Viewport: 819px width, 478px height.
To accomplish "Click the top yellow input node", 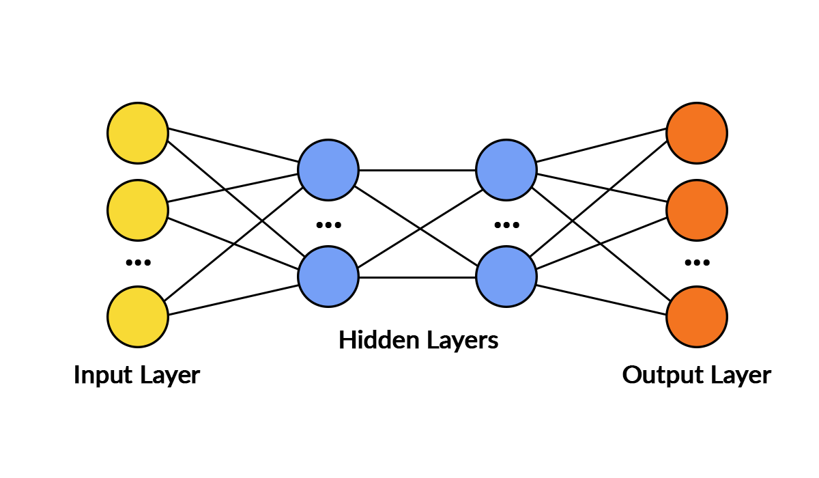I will tap(138, 133).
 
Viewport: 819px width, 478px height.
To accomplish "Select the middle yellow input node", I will tap(138, 210).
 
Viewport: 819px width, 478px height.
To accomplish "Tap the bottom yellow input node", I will tap(138, 316).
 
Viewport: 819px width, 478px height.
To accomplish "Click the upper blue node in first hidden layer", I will tap(328, 170).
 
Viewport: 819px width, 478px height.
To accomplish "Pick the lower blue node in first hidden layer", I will tap(328, 277).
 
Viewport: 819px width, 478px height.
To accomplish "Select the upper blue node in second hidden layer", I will tap(506, 170).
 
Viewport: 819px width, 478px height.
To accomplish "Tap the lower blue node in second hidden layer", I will tap(506, 277).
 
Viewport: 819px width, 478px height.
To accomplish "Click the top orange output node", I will tap(697, 133).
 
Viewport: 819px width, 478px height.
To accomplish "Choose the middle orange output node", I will tap(697, 210).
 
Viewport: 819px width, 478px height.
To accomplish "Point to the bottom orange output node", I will tap(697, 316).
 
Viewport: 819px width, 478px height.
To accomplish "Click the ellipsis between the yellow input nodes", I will tap(138, 262).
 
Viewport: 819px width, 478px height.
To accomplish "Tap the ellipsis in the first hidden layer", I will tap(328, 225).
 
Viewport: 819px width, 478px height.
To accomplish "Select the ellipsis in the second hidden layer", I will tap(506, 225).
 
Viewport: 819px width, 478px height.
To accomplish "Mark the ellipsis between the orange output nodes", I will tap(697, 262).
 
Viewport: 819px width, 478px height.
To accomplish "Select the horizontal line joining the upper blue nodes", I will tap(417, 170).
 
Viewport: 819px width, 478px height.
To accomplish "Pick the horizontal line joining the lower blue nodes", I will tap(417, 277).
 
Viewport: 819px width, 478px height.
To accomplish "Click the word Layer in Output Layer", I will tap(741, 376).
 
